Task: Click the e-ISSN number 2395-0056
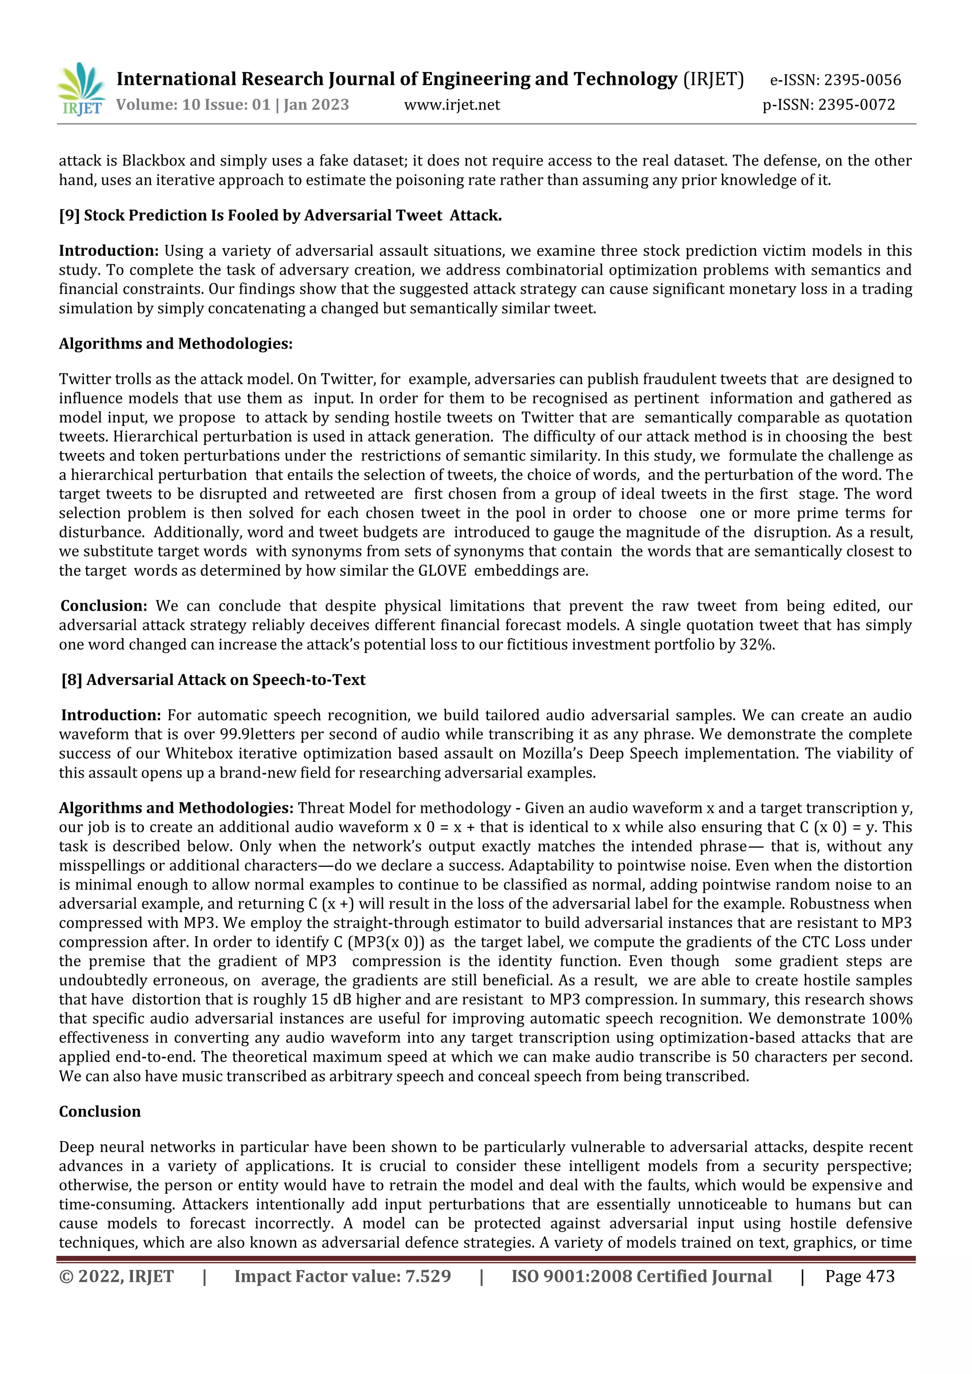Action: pyautogui.click(x=862, y=80)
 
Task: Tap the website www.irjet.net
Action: pyautogui.click(x=452, y=105)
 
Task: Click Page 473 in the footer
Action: pyautogui.click(x=860, y=1276)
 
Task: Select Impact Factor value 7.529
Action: pyautogui.click(x=342, y=1276)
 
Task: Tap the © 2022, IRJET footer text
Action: pyautogui.click(x=116, y=1276)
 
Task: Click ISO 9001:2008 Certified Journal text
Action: pyautogui.click(x=641, y=1276)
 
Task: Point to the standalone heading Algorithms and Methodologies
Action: pyautogui.click(x=175, y=344)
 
